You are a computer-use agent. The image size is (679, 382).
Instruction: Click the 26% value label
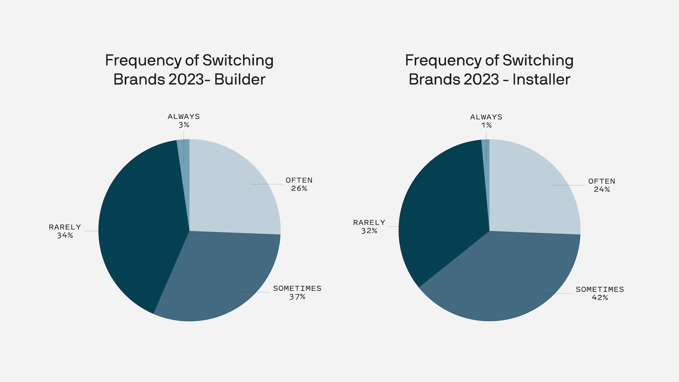[299, 189]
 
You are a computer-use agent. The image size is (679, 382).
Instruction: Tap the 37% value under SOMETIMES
[297, 297]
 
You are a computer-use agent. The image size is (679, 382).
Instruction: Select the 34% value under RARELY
[65, 235]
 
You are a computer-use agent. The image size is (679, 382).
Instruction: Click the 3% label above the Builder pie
[184, 125]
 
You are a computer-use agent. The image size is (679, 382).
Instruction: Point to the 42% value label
[600, 297]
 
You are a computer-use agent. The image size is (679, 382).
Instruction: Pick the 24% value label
[602, 189]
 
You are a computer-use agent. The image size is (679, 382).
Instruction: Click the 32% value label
[369, 231]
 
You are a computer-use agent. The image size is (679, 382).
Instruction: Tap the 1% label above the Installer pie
[486, 125]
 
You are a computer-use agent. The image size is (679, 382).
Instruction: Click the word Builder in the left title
[239, 79]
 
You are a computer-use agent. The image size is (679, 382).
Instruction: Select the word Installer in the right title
[541, 79]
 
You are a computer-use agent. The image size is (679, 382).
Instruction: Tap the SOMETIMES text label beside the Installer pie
[600, 289]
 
